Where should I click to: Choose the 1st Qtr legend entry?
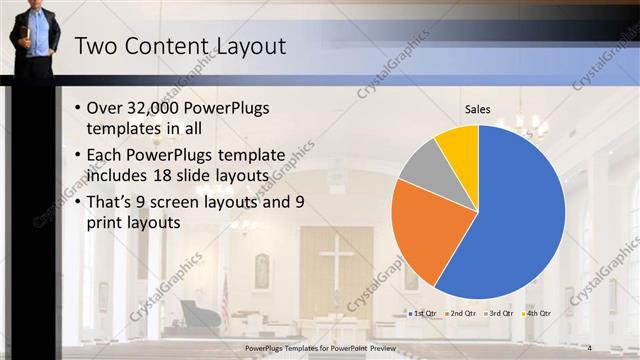click(422, 313)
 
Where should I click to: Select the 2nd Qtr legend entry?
click(460, 313)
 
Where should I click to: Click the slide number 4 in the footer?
click(590, 347)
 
